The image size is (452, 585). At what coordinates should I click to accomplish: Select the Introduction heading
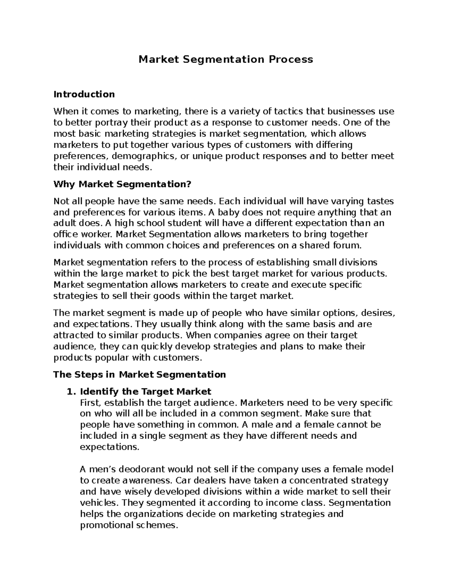(84, 94)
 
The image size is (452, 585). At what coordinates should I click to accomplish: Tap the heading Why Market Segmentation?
(122, 184)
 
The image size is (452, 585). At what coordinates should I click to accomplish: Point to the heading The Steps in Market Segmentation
(140, 374)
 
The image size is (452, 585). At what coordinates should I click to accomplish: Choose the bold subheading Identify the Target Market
(146, 391)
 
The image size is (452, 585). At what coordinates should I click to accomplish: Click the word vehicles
(98, 503)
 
